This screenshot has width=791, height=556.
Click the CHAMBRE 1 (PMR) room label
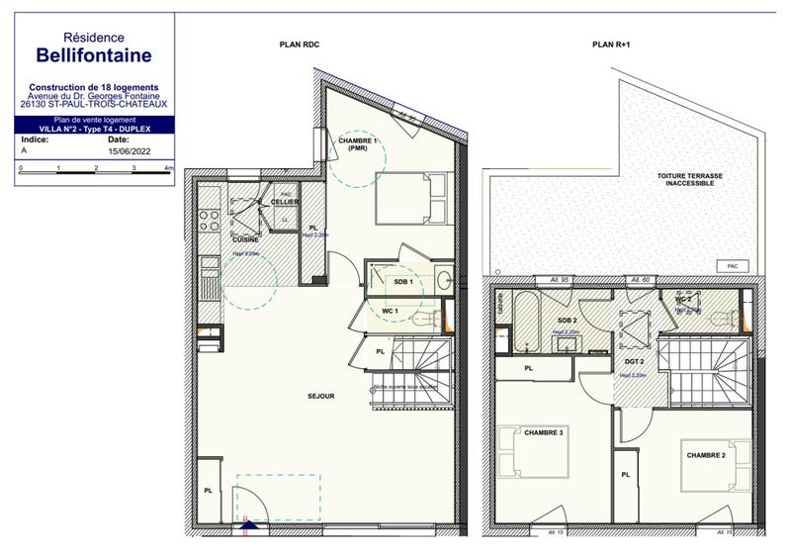coord(358,144)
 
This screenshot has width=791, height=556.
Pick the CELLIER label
coord(286,203)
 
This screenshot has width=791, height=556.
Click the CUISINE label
coord(246,239)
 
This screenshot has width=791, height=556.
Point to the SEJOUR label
coord(320,396)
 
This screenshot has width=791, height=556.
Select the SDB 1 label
coord(403,282)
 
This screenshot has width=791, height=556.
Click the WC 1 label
coord(389,312)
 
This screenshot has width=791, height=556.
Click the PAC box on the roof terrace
coord(732,265)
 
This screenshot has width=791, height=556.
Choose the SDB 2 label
coord(567,321)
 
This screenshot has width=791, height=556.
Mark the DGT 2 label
coord(635,362)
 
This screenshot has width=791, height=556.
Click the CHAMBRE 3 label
coord(544,432)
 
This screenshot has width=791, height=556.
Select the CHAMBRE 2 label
coord(707,454)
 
